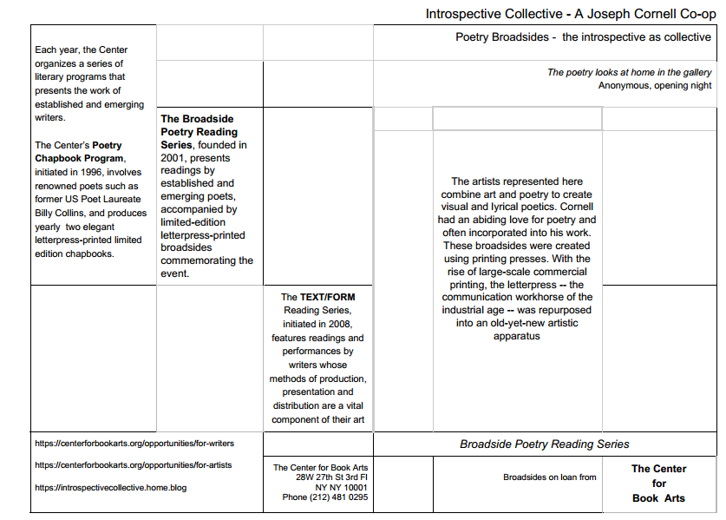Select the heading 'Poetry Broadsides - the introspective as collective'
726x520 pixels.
point(583,37)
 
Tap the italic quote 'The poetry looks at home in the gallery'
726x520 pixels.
point(629,72)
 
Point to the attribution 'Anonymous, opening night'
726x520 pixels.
point(655,85)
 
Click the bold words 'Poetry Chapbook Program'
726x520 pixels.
point(78,152)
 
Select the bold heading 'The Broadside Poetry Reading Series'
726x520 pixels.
point(198,132)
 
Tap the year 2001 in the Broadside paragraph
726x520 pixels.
point(173,158)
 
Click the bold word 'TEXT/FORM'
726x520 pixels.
point(328,297)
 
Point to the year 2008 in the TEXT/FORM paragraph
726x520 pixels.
point(339,324)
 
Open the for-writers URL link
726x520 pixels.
point(134,443)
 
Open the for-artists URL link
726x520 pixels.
point(133,464)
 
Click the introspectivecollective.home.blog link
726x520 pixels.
point(110,487)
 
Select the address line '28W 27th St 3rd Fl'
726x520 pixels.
point(331,477)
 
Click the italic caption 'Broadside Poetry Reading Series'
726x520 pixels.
point(545,444)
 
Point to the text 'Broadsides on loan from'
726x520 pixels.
point(550,477)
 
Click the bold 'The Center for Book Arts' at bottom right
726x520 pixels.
point(658,484)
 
